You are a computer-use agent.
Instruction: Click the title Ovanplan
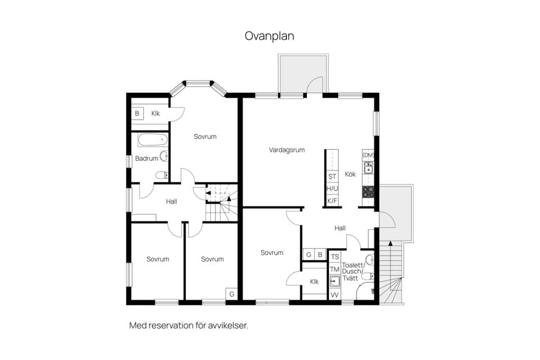click(269, 36)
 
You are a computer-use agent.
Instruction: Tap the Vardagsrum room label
click(286, 150)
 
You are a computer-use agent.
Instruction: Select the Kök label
click(350, 174)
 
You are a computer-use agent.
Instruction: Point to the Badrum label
click(146, 159)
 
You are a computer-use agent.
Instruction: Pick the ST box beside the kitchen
click(332, 177)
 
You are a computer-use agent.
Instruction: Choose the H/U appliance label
click(332, 188)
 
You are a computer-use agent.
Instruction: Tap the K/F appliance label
click(332, 201)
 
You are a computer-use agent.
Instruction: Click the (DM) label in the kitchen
click(368, 155)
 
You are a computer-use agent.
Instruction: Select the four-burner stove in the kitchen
click(368, 192)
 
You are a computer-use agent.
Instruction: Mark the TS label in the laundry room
click(335, 257)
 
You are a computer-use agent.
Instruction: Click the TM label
click(335, 269)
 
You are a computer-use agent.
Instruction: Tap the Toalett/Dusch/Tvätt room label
click(357, 270)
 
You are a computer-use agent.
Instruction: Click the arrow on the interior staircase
click(210, 193)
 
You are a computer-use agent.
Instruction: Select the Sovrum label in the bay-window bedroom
click(205, 137)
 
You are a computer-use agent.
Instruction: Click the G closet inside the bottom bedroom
click(231, 294)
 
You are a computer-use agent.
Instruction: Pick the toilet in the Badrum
click(161, 175)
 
